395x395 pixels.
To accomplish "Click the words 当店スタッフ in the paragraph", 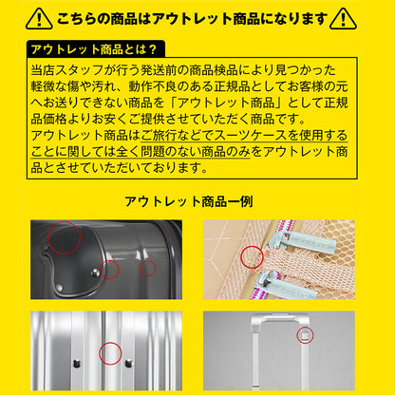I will [74, 70].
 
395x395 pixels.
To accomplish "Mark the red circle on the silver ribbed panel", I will [109, 351].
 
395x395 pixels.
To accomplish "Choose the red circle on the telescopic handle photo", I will [305, 334].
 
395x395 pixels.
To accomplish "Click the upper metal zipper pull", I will [289, 236].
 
